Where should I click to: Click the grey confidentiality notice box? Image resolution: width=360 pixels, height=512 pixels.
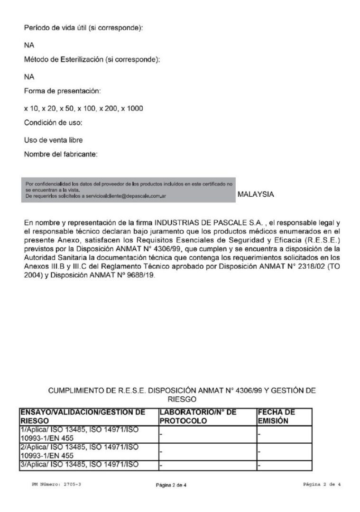point(128,190)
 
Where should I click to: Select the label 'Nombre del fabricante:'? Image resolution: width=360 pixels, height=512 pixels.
point(61,154)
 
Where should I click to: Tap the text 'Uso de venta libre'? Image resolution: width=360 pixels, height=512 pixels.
point(53,140)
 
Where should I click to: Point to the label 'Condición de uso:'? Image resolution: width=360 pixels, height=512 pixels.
point(53,123)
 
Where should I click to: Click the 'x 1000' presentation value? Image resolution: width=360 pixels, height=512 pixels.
point(132,109)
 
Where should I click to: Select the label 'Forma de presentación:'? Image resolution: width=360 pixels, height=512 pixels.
point(62,91)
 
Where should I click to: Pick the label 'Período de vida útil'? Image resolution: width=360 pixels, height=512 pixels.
point(56,28)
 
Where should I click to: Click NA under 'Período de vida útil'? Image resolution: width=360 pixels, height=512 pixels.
point(29,46)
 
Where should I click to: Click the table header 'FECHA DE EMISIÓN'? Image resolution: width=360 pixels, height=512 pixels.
point(277,416)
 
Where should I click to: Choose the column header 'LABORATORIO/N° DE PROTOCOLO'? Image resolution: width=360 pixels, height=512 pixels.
point(198,416)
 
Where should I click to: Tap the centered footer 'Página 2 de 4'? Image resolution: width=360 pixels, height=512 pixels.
point(171,485)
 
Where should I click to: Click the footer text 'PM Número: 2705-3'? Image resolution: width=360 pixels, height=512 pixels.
point(53,485)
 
